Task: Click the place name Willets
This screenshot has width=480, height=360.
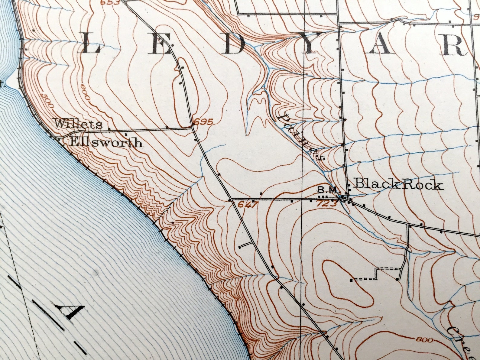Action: pyautogui.click(x=78, y=124)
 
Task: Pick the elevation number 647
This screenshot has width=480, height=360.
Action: pyautogui.click(x=248, y=205)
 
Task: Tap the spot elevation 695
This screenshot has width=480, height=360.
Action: pyautogui.click(x=203, y=122)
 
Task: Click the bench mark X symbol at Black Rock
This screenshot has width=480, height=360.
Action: pyautogui.click(x=340, y=198)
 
